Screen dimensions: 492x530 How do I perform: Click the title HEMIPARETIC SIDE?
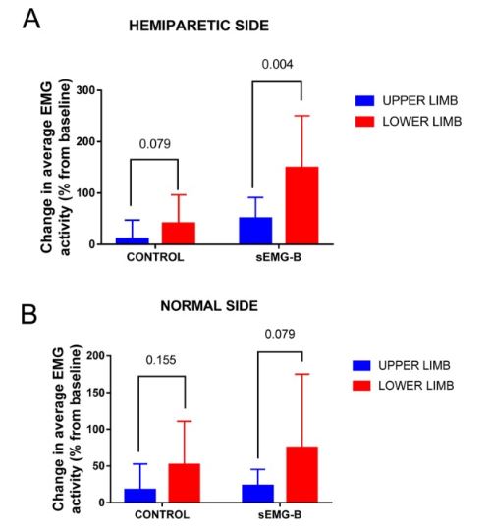click(198, 26)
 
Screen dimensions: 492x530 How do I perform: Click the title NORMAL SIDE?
click(209, 306)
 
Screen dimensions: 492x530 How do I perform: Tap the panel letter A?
click(31, 20)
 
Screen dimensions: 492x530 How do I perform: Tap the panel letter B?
click(29, 314)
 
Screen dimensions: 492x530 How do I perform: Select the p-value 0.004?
click(277, 64)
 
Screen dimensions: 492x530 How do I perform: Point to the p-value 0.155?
click(161, 360)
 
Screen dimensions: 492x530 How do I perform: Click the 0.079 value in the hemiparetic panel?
click(155, 144)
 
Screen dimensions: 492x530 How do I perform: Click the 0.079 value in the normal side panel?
click(280, 334)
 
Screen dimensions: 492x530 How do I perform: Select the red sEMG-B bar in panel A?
click(301, 205)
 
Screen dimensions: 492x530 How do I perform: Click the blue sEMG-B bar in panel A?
click(255, 231)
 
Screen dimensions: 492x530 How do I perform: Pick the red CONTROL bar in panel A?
click(178, 234)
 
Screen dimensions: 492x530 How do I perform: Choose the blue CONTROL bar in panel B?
click(140, 496)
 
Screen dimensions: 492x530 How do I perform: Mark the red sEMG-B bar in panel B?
click(301, 475)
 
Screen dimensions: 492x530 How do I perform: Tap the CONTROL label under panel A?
click(155, 257)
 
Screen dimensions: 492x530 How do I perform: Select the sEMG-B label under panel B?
click(280, 515)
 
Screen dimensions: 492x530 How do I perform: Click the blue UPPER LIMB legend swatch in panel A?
click(365, 101)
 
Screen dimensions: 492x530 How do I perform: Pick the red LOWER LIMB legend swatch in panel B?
click(361, 386)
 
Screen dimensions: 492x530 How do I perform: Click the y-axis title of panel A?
click(56, 167)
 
